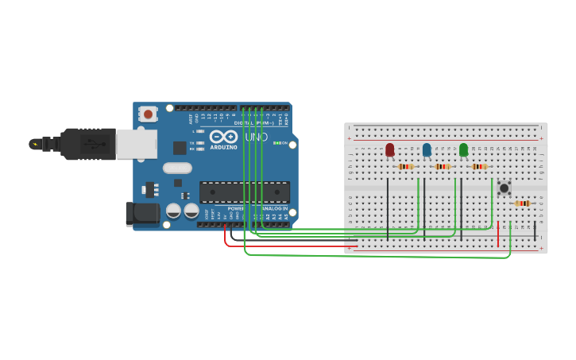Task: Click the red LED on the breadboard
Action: (389, 149)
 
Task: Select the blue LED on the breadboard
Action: (427, 149)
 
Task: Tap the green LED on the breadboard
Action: (463, 149)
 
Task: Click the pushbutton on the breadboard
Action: (504, 188)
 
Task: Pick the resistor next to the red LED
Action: (406, 167)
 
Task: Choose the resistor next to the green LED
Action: (479, 167)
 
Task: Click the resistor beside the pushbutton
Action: (522, 203)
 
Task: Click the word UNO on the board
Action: (256, 137)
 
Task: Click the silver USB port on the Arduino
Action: (136, 144)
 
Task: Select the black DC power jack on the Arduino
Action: (141, 212)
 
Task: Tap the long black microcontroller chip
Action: (244, 192)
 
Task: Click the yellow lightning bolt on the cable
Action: (34, 144)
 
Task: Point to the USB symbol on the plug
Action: (93, 144)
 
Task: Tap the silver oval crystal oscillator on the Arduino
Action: (177, 168)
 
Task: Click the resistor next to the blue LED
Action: (443, 167)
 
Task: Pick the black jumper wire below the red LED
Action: (388, 208)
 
